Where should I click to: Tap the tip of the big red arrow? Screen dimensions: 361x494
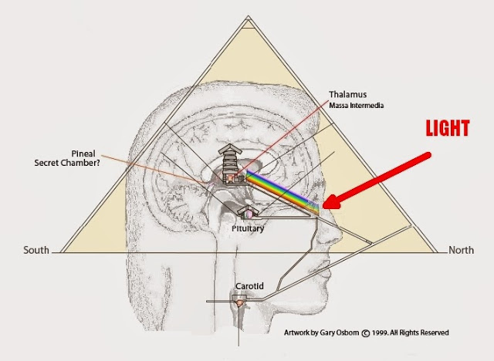tap(325, 206)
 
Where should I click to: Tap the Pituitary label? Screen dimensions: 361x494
tap(249, 229)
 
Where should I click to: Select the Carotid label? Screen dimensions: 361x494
tap(249, 285)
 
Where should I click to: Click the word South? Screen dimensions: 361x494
tap(36, 249)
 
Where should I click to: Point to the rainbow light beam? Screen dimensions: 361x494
tap(282, 191)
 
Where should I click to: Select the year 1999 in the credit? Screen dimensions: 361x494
tap(379, 332)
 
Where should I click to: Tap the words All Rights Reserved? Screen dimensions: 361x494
tap(421, 332)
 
